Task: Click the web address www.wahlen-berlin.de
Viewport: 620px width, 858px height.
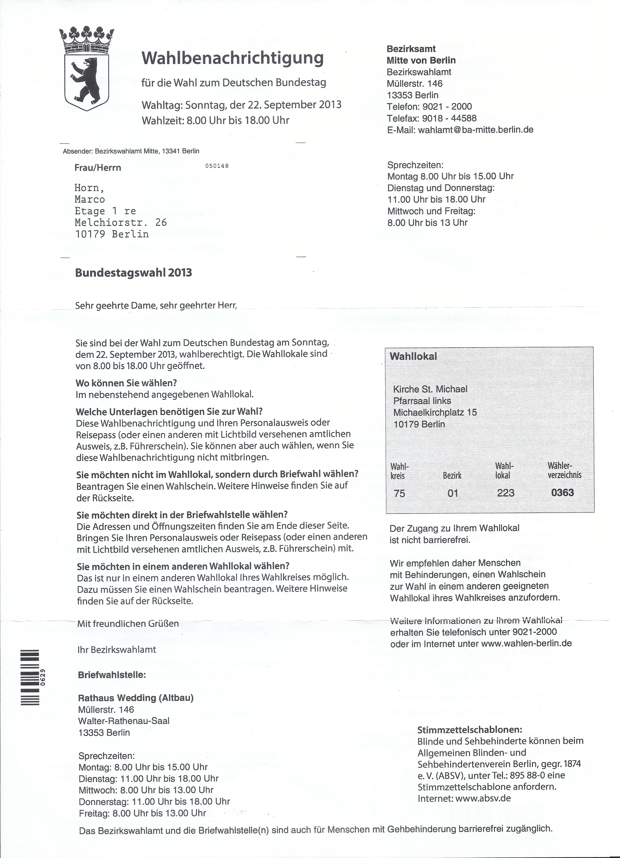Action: [527, 643]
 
